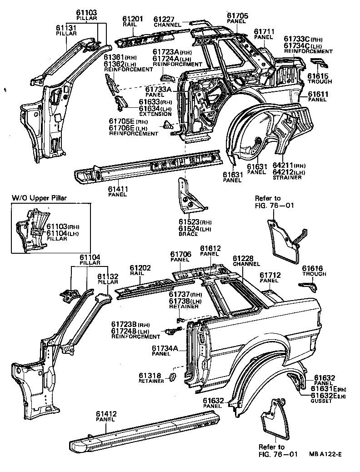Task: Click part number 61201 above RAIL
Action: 132,19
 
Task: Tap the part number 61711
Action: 264,31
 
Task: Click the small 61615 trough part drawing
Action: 318,63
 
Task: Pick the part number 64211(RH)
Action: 289,166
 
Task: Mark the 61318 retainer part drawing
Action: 172,377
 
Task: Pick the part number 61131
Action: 66,28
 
